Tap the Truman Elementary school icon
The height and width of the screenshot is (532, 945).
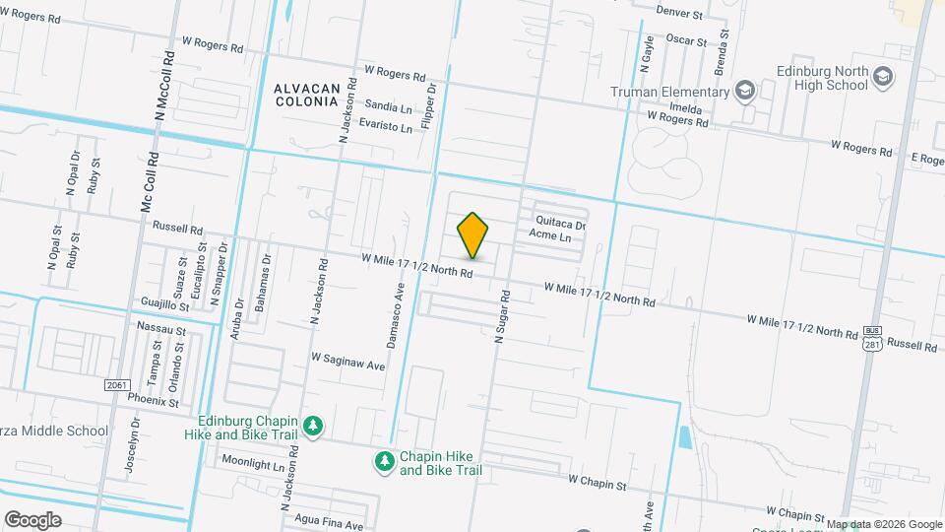point(745,92)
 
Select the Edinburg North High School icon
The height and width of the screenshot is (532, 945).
point(883,76)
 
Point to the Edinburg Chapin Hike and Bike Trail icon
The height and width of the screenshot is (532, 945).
point(313,426)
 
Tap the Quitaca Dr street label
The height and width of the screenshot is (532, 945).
point(560,225)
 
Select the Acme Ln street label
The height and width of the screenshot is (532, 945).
point(550,237)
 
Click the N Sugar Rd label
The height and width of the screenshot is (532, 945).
point(502,315)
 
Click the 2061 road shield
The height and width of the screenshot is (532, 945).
point(116,384)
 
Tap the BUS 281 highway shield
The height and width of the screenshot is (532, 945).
point(871,337)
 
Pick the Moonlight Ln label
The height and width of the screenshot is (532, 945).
point(252,461)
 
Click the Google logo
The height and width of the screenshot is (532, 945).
point(32,519)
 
